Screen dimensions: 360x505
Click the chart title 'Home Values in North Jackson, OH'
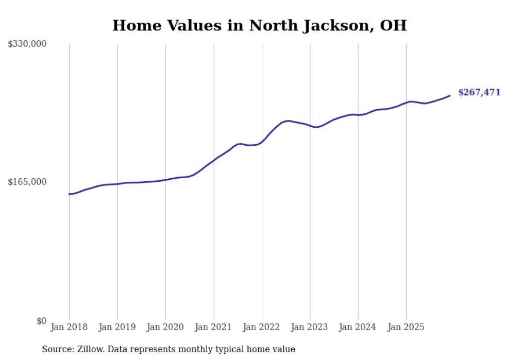click(259, 25)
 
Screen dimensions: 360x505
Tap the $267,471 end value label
click(479, 93)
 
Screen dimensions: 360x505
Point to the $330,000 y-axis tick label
click(27, 44)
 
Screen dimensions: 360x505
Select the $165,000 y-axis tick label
click(27, 182)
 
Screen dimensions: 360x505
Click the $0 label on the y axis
click(41, 321)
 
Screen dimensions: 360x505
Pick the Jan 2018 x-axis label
click(69, 327)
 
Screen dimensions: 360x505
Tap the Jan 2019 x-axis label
click(117, 327)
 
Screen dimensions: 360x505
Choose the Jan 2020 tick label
click(165, 327)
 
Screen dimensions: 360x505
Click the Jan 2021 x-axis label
click(213, 327)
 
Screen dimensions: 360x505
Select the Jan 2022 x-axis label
click(262, 327)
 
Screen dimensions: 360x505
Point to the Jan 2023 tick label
click(310, 327)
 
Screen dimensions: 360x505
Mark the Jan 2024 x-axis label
click(358, 327)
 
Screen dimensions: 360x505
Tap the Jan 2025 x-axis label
click(406, 327)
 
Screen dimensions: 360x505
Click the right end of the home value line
click(450, 95)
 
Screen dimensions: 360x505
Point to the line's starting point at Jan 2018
click(69, 194)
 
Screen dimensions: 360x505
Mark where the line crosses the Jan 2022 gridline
click(262, 142)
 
